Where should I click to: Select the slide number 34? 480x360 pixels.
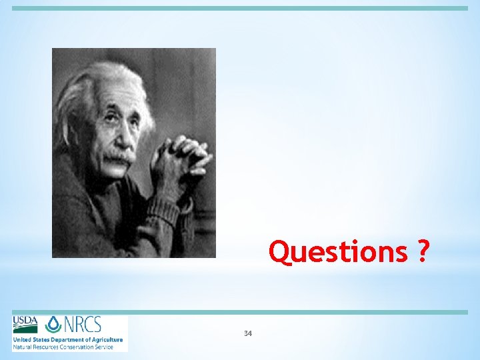coord(248,333)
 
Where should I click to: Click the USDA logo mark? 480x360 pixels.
coord(25,325)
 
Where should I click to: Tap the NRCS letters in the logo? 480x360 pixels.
coord(82,325)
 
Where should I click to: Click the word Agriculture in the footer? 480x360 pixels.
coord(106,339)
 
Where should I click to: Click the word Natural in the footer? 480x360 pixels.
coord(22,347)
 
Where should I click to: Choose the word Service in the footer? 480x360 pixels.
coord(103,347)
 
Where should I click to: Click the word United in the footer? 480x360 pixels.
coord(23,339)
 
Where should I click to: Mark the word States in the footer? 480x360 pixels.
coord(43,339)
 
